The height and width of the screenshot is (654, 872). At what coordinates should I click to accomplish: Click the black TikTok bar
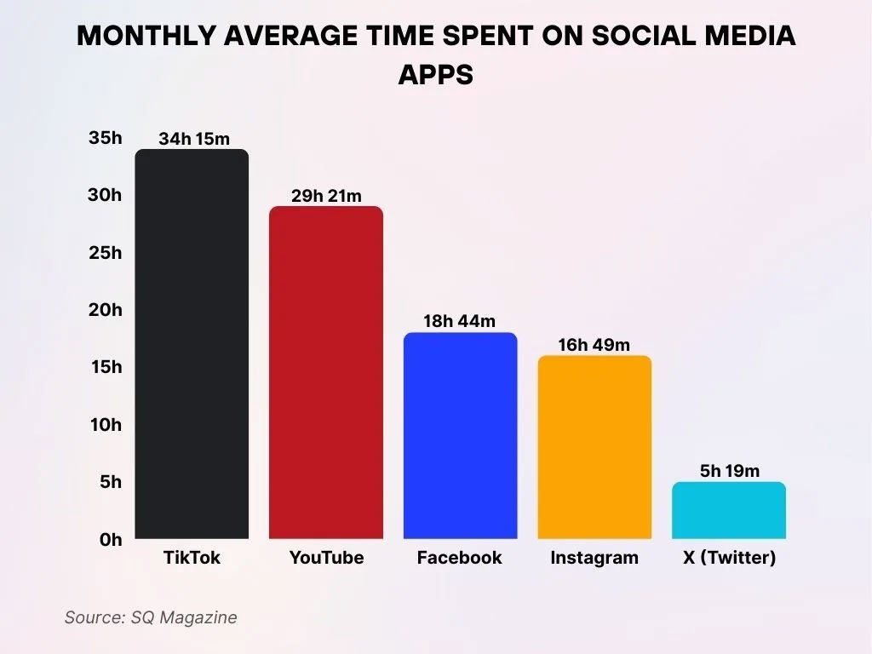pyautogui.click(x=192, y=344)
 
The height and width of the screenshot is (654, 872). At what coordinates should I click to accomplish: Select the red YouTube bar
pyautogui.click(x=326, y=373)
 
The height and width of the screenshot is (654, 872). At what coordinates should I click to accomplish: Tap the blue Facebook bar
pyautogui.click(x=460, y=436)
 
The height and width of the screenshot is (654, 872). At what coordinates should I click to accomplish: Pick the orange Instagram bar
pyautogui.click(x=594, y=447)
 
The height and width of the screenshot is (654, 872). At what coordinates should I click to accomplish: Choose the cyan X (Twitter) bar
pyautogui.click(x=729, y=510)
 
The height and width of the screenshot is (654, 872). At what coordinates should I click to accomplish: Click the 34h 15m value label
pyautogui.click(x=194, y=139)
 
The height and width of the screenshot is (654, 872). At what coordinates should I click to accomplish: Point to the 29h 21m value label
pyautogui.click(x=326, y=196)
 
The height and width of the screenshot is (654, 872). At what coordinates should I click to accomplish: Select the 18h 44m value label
pyautogui.click(x=460, y=321)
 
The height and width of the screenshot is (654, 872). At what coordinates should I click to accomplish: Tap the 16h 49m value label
pyautogui.click(x=594, y=344)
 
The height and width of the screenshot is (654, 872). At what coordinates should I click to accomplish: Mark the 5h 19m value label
pyautogui.click(x=729, y=470)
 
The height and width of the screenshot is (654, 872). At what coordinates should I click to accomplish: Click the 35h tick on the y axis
pyautogui.click(x=106, y=138)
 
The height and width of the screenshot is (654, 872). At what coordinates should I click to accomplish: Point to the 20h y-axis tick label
pyautogui.click(x=106, y=310)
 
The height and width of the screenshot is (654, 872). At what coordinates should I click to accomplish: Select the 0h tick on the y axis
pyautogui.click(x=111, y=540)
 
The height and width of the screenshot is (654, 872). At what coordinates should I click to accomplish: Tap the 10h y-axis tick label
pyautogui.click(x=106, y=425)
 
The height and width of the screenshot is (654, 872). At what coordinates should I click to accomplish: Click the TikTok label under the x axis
pyautogui.click(x=192, y=559)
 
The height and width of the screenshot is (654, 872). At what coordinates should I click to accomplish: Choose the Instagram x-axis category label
pyautogui.click(x=594, y=559)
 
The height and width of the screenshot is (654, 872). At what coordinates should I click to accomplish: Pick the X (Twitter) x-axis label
pyautogui.click(x=729, y=559)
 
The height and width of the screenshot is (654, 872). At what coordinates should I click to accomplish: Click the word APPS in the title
pyautogui.click(x=435, y=75)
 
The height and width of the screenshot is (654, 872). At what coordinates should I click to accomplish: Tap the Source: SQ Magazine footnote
pyautogui.click(x=151, y=617)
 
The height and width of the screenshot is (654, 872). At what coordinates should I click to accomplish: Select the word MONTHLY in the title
pyautogui.click(x=142, y=36)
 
